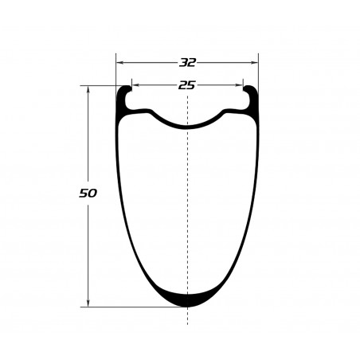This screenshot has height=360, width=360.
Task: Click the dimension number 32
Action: point(187,63)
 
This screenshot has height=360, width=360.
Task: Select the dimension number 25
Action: point(187,85)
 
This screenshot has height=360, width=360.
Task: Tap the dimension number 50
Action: point(88,194)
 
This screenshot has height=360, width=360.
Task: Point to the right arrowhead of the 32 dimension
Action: point(254,63)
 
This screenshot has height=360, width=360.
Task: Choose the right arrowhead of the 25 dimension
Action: point(239,85)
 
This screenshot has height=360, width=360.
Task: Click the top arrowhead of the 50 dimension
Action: point(88,90)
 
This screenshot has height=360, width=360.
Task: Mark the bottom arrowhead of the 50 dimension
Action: point(88,303)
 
